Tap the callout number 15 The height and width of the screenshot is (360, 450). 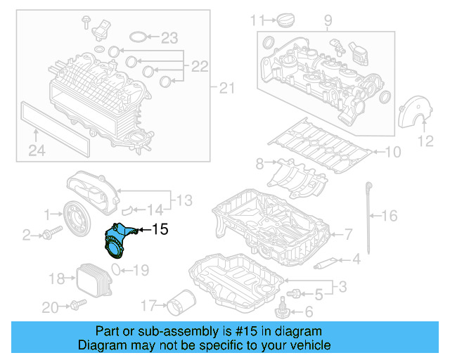click(x=160, y=229)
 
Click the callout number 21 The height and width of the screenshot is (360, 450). click(x=225, y=88)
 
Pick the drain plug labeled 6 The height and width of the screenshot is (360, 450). click(x=284, y=307)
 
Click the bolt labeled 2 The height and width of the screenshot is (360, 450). click(x=49, y=233)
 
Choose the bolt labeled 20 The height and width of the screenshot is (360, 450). click(x=77, y=304)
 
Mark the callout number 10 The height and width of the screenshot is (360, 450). click(x=392, y=151)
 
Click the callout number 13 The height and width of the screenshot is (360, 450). click(x=184, y=201)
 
